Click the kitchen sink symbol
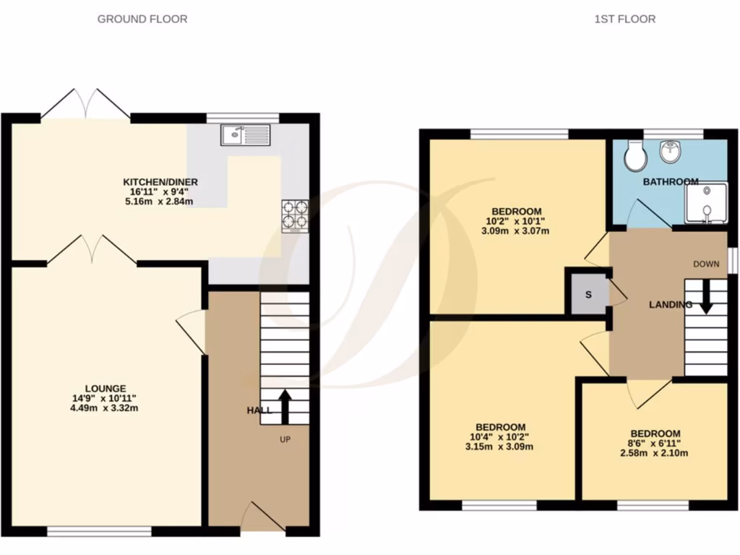tap(246, 134)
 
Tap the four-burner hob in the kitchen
tap(295, 215)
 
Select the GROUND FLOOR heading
tap(142, 19)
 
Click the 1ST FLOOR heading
tap(624, 19)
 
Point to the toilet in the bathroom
tap(635, 155)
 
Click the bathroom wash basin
tap(671, 152)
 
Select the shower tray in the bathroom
tap(705, 203)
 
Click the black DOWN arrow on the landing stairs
tap(705, 296)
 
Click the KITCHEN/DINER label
tap(160, 181)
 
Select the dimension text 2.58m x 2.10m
tap(654, 453)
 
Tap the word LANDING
tap(670, 305)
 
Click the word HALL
tap(259, 410)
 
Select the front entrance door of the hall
tap(262, 519)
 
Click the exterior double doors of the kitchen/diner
tap(86, 104)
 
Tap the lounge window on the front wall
tap(99, 531)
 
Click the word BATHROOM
tap(671, 181)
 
